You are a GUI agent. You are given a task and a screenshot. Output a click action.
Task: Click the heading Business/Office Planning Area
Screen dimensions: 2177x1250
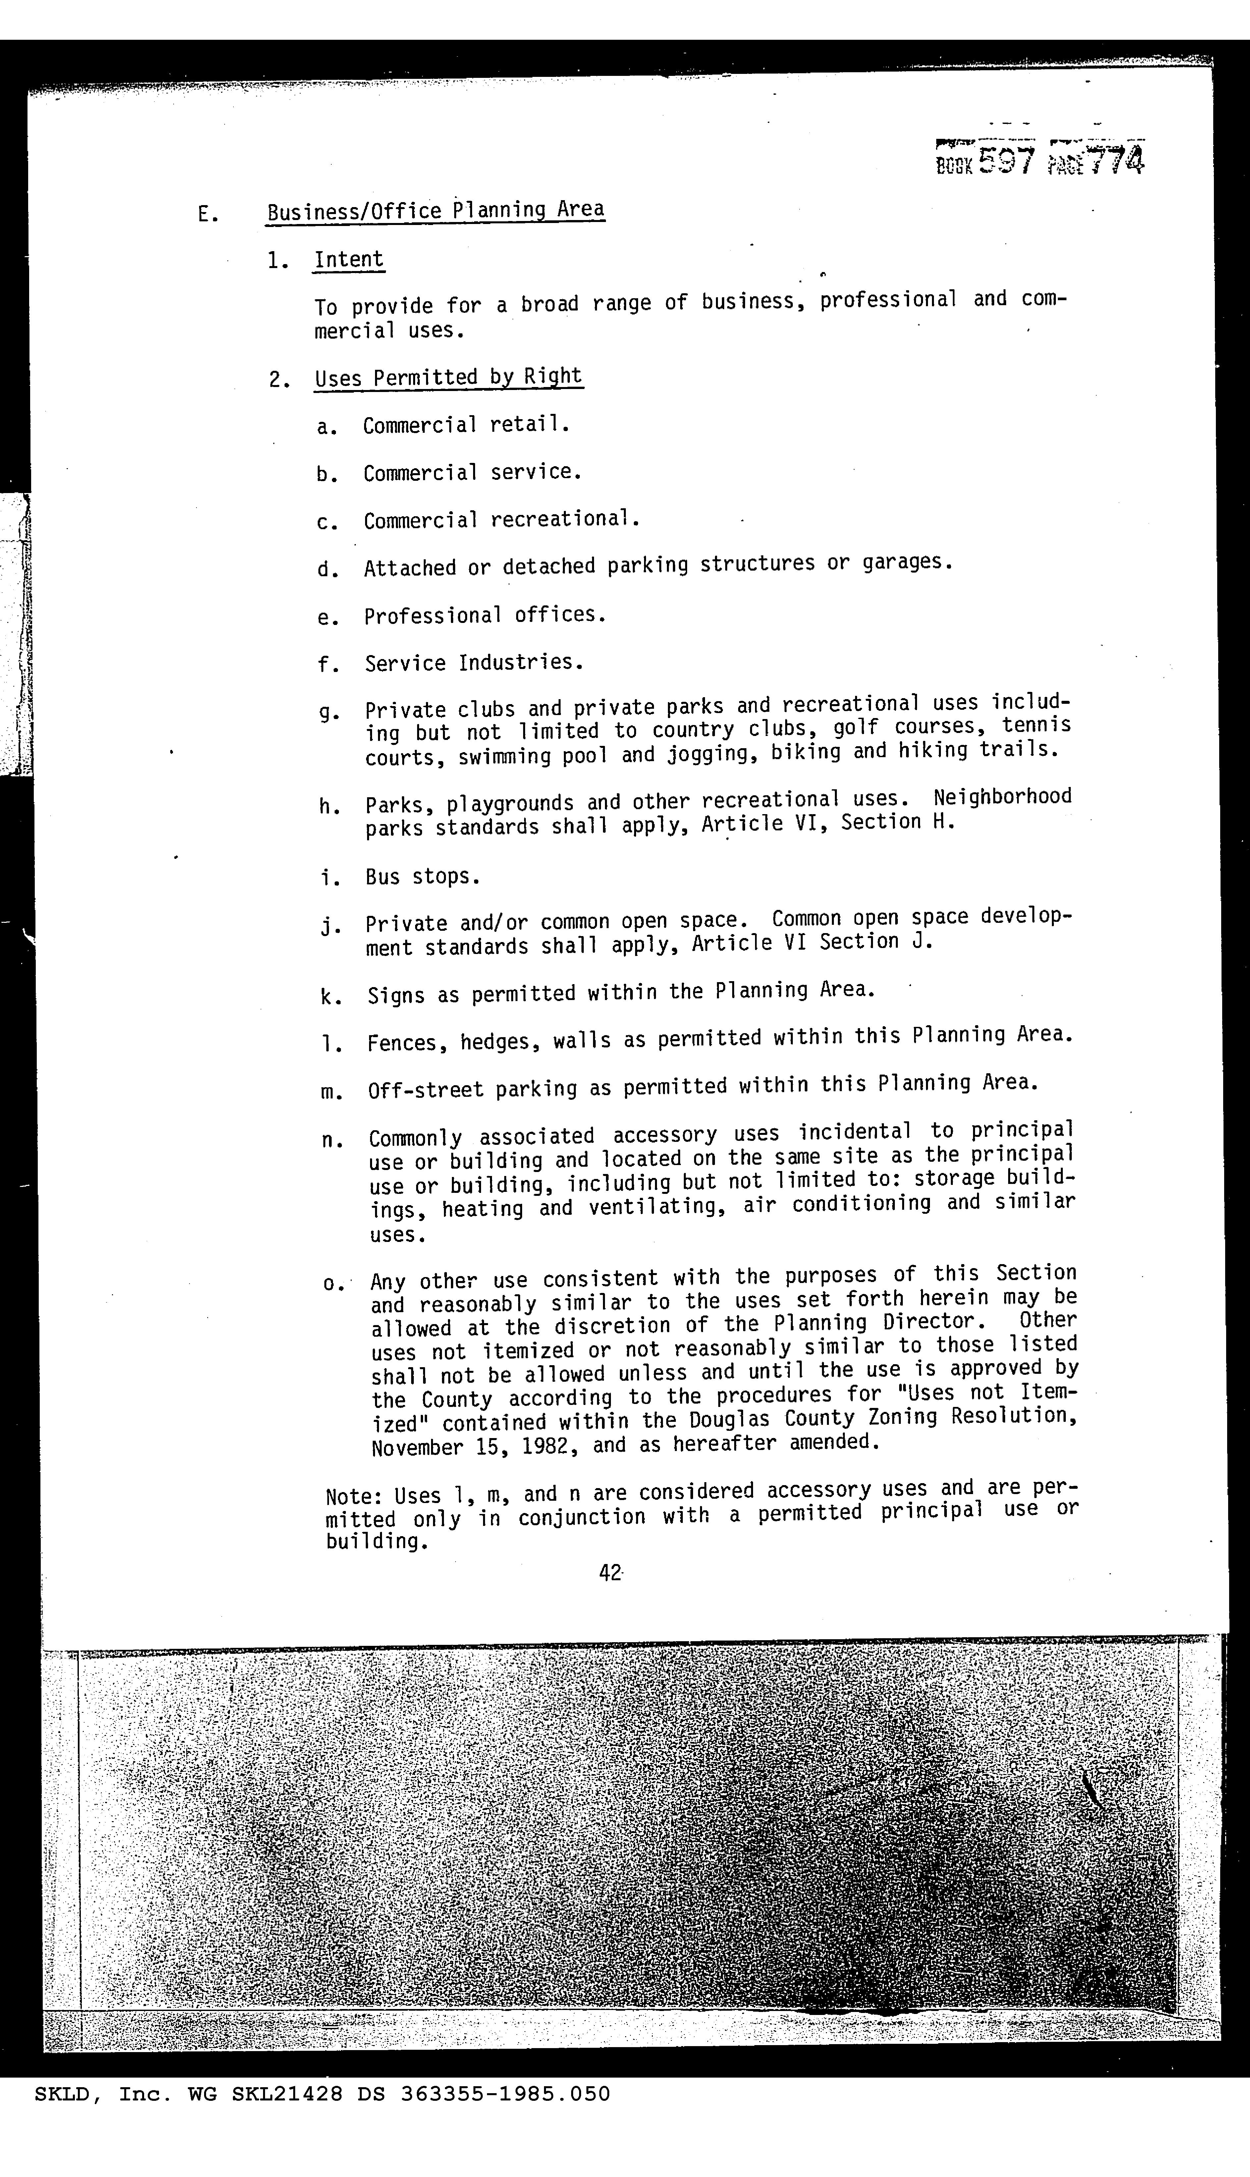435,210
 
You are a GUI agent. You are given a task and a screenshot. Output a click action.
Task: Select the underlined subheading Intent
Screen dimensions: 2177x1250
349,259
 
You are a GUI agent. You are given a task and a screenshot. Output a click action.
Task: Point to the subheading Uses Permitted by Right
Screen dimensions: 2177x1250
448,377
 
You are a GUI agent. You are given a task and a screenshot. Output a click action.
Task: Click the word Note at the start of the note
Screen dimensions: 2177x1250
354,1496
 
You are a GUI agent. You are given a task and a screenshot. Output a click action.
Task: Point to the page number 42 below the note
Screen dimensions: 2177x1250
610,1573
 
